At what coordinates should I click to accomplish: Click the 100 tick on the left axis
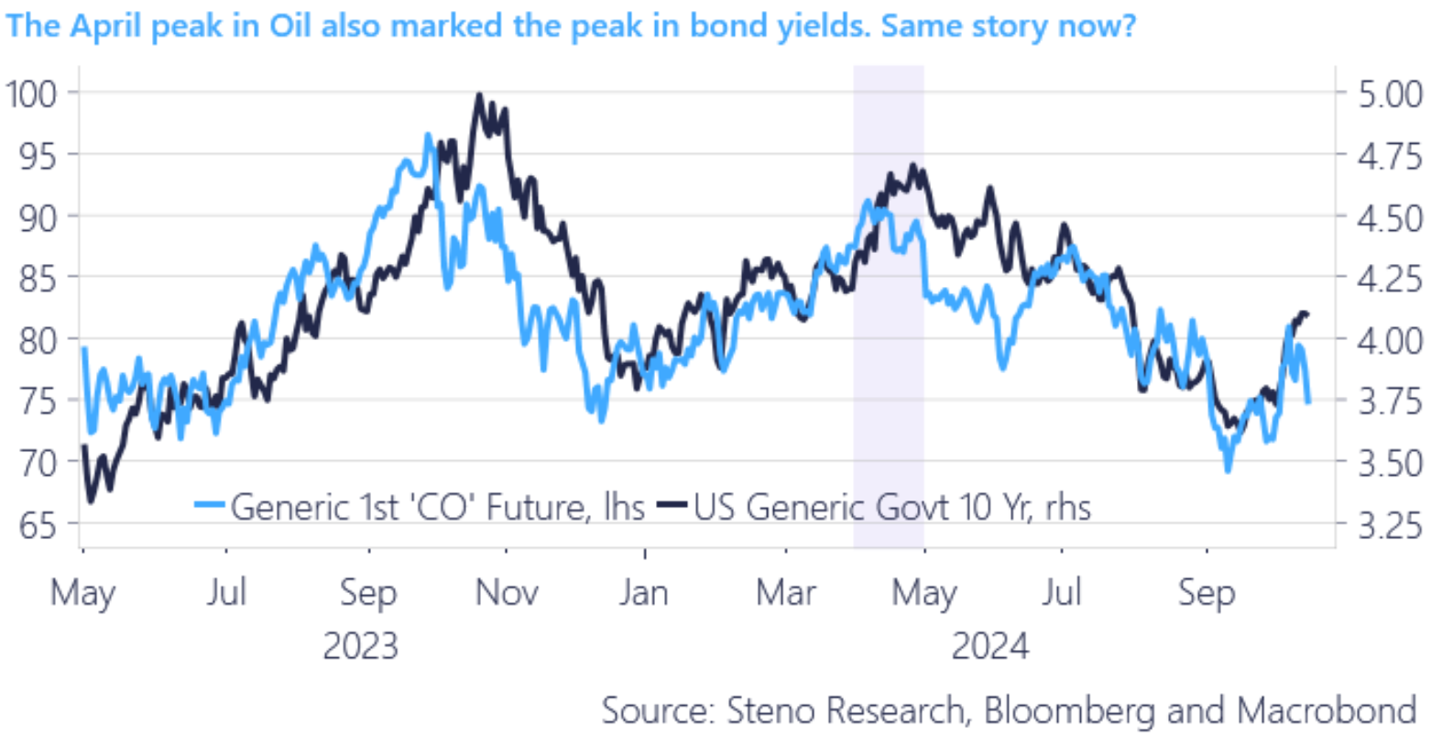31,93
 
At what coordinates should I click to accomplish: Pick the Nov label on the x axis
507,593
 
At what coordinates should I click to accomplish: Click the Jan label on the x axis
644,593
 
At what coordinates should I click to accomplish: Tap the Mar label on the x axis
786,593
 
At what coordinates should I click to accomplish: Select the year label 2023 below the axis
361,646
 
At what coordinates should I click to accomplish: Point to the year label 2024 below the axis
990,646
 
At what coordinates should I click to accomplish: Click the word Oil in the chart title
292,25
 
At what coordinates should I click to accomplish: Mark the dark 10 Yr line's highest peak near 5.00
478,94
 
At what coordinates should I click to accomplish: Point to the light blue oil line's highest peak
427,135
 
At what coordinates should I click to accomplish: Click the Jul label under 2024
1062,593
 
